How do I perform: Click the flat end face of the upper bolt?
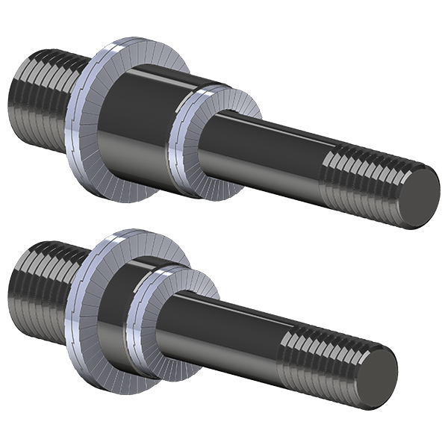(x=416, y=198)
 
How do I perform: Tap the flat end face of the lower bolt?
(x=376, y=379)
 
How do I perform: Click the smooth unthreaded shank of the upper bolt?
(x=261, y=153)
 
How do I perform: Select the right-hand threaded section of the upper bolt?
(x=358, y=179)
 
